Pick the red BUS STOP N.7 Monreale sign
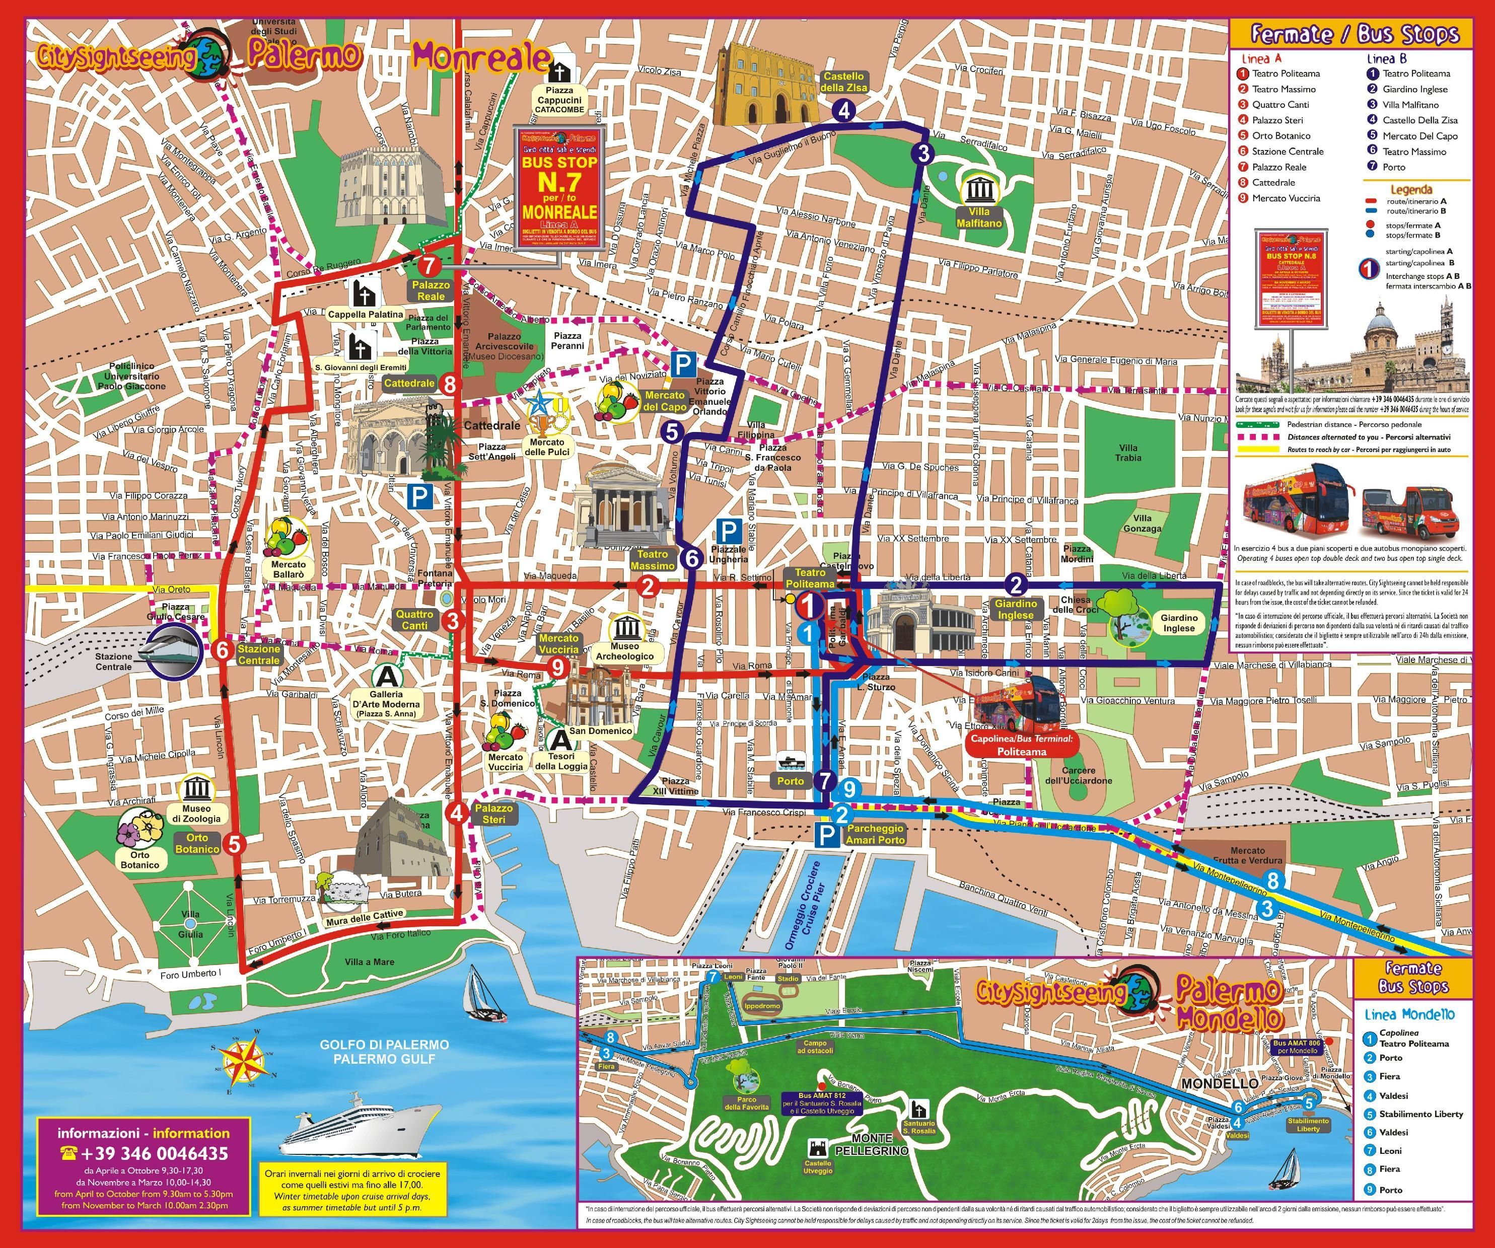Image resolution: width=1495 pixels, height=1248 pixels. [x=559, y=189]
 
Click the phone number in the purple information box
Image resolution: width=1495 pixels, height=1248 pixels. [x=144, y=1153]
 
